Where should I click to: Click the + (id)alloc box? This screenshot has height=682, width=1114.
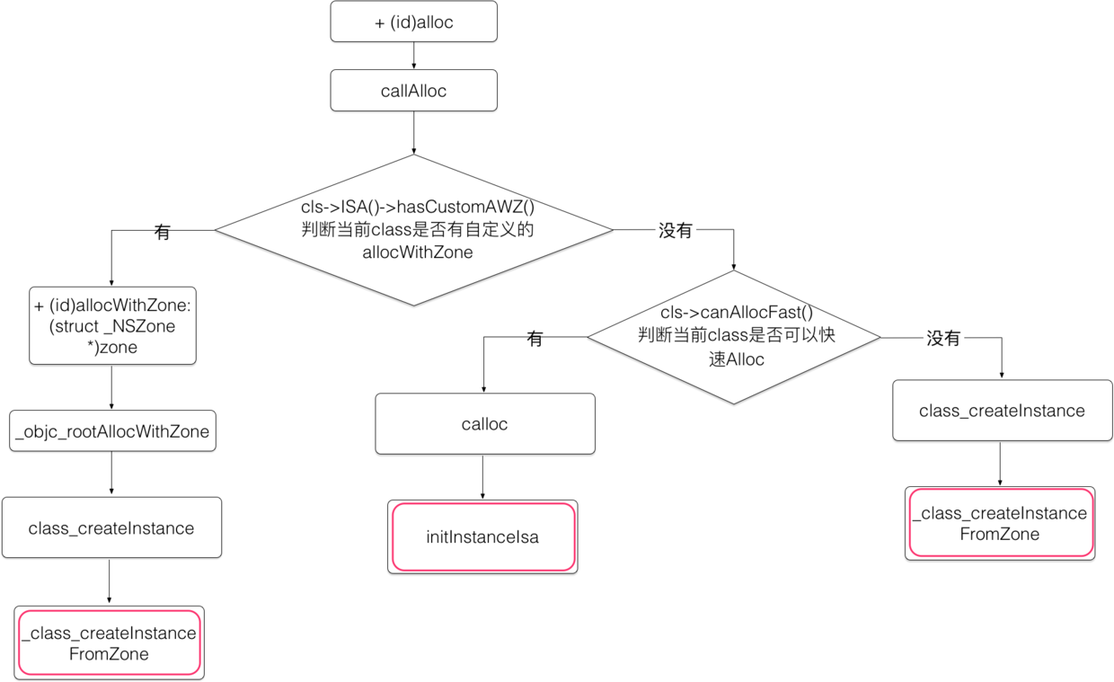pos(413,22)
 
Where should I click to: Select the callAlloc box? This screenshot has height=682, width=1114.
pos(413,91)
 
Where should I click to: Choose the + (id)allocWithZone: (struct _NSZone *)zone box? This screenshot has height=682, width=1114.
pos(112,326)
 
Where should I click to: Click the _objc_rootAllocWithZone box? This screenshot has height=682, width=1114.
pos(112,431)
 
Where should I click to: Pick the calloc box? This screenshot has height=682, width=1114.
pos(484,423)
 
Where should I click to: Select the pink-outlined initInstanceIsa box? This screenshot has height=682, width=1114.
pos(482,536)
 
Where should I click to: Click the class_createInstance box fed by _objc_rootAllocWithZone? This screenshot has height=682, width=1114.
pos(111,527)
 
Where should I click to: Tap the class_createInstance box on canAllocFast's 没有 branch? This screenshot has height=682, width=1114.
pos(1002,411)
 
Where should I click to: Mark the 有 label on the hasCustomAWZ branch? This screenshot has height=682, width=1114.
pos(162,233)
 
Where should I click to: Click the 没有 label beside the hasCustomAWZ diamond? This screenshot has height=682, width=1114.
pos(676,231)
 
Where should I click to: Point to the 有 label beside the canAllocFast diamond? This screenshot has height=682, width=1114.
pos(535,339)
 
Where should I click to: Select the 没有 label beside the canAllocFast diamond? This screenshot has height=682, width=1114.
pos(943,339)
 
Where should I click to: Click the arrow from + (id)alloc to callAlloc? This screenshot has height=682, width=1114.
pos(413,56)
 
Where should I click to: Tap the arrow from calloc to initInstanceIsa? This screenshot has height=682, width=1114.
pos(483,476)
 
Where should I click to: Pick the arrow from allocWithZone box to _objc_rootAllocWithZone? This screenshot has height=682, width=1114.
pos(111,387)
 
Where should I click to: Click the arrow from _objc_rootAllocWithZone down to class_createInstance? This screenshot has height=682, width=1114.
pos(111,474)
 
